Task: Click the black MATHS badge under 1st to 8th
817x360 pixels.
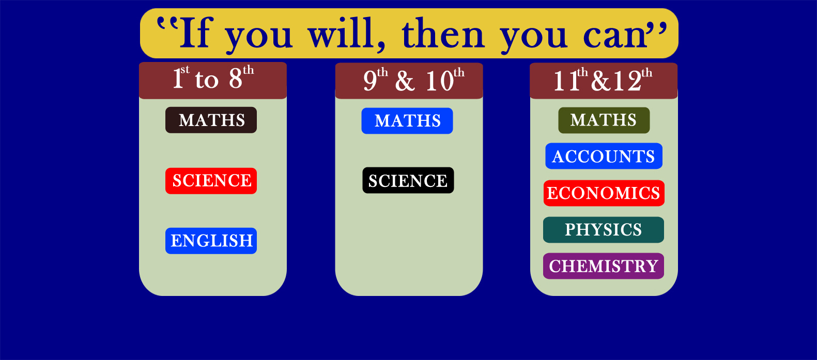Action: click(211, 120)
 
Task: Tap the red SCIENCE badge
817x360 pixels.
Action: click(211, 181)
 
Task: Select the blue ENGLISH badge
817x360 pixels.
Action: click(211, 241)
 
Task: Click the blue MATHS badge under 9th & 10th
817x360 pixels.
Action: click(407, 121)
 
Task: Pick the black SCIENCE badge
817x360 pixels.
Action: click(408, 180)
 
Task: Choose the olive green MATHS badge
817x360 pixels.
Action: click(604, 120)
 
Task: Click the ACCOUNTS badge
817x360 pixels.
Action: click(604, 156)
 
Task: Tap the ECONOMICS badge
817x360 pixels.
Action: click(604, 193)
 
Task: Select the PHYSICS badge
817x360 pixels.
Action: click(604, 230)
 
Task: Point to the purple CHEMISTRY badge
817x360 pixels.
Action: click(604, 266)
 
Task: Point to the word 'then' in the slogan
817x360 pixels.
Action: click(443, 34)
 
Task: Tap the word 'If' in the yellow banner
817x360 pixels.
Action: click(194, 33)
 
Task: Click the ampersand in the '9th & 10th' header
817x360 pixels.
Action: click(405, 81)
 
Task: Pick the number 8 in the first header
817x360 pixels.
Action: click(236, 78)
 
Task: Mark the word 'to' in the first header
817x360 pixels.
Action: click(206, 80)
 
